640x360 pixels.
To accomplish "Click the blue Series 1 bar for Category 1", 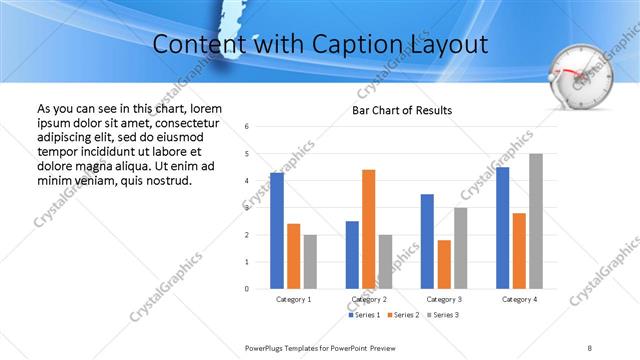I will tap(277, 231).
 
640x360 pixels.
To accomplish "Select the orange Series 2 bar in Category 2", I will tap(368, 229).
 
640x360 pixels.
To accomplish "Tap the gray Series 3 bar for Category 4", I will tap(536, 221).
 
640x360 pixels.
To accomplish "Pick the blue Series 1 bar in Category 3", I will tap(427, 241).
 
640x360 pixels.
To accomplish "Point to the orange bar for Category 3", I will tap(444, 264).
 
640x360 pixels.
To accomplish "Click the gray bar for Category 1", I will tap(310, 262).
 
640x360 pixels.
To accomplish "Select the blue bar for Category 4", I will tap(502, 228).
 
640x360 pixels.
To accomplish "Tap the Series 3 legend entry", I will tap(442, 315).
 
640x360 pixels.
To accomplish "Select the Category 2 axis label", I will tap(369, 299).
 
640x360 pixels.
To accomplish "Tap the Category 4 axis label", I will tap(519, 299).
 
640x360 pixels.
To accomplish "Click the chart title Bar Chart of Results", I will tap(402, 110).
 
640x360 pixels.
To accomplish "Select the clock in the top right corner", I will tap(577, 78).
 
